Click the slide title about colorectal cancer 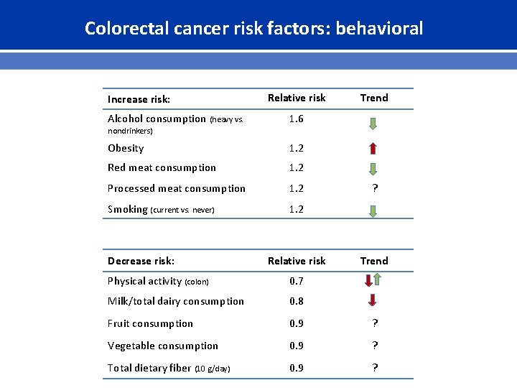coord(253,28)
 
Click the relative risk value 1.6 coord(296,119)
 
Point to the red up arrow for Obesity coord(373,149)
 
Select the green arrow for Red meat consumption coord(373,170)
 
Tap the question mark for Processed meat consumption coord(373,188)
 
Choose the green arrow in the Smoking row coord(373,211)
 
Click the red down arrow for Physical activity coord(373,282)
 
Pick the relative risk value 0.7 coord(296,281)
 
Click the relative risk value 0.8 coord(296,301)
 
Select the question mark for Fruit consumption coord(373,323)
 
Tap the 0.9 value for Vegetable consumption coord(296,346)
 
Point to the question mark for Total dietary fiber coord(373,368)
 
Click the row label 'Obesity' coord(126,148)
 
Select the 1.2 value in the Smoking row coord(296,209)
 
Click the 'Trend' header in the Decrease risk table coord(373,261)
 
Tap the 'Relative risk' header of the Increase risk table coord(296,98)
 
